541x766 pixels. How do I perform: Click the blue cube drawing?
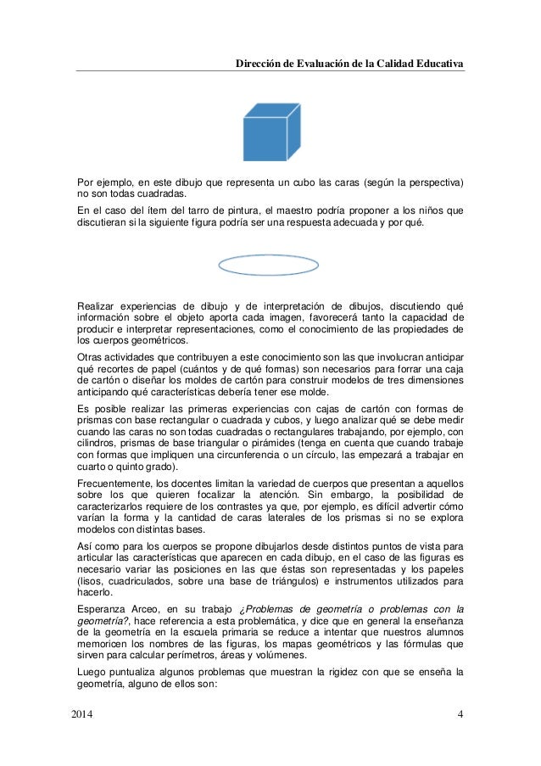pyautogui.click(x=270, y=133)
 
